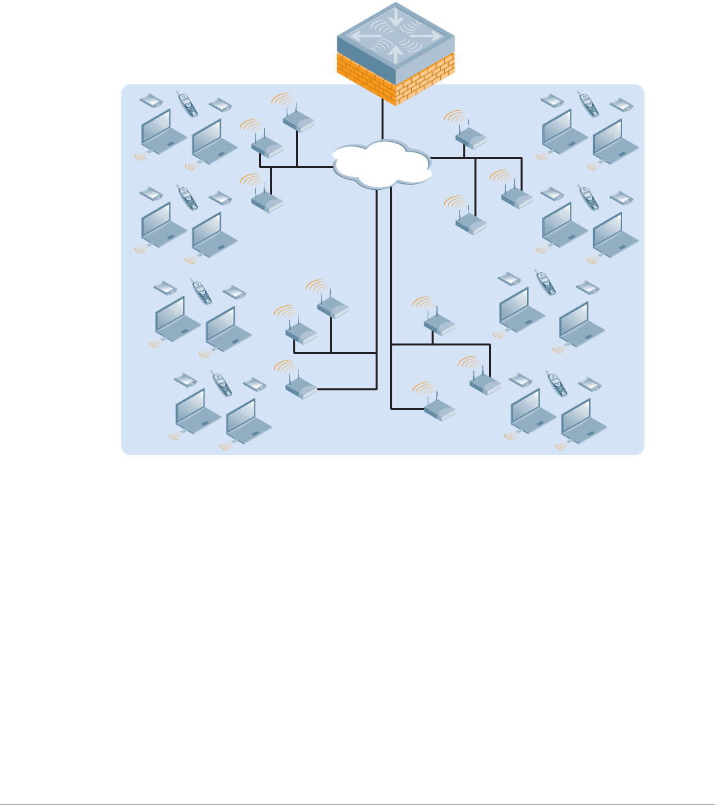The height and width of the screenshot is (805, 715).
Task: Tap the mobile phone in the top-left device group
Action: coord(188,104)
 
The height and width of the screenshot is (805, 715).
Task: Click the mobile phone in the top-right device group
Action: coord(588,104)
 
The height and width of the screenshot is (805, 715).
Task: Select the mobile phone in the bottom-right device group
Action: coord(557,384)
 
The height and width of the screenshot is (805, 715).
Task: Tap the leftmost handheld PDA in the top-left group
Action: coord(152,101)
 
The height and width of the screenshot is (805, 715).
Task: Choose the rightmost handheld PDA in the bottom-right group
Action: coord(589,383)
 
